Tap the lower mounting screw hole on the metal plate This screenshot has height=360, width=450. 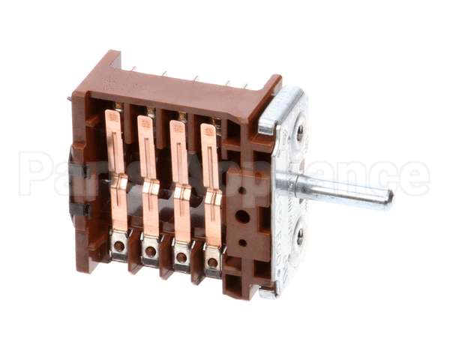[300, 238]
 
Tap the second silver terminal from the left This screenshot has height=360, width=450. [150, 250]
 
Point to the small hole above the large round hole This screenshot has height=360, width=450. [241, 190]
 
